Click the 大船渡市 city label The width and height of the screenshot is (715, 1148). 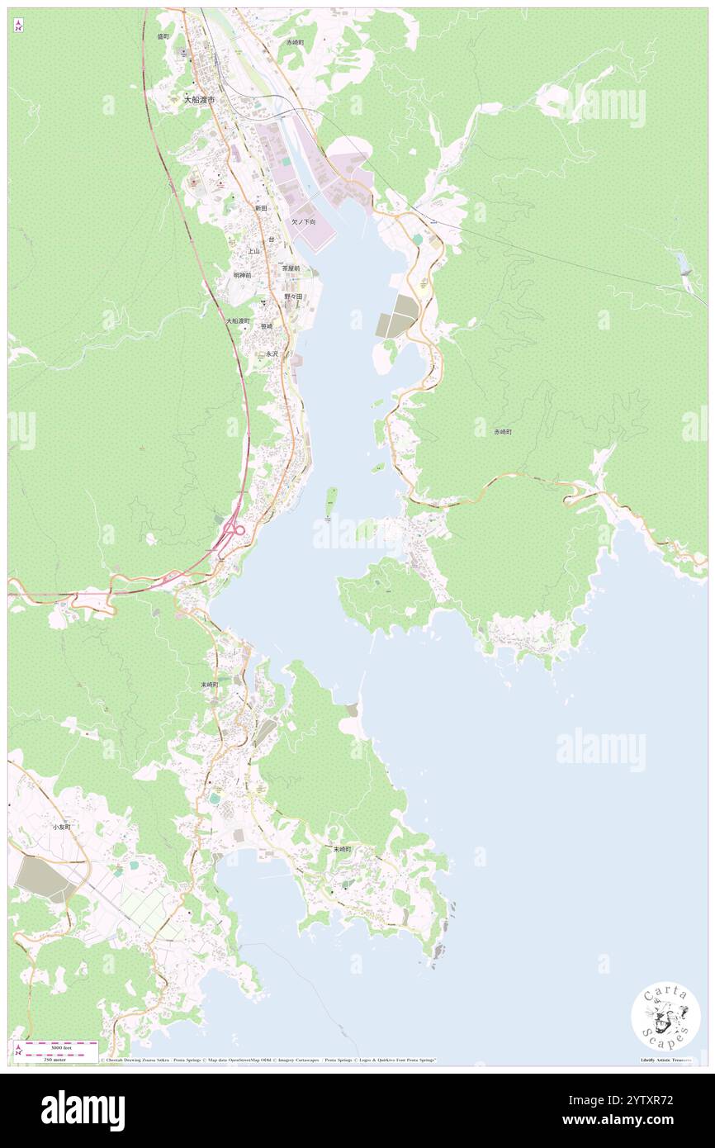199,99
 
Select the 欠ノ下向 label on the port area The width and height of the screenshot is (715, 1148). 303,222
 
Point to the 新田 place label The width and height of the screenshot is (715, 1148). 261,208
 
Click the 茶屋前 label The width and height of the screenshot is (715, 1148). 291,268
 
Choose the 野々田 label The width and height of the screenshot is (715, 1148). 293,296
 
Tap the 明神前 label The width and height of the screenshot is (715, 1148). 242,275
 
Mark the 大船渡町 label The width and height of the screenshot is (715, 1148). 239,320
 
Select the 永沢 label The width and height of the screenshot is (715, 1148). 272,353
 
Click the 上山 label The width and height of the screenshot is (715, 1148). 254,250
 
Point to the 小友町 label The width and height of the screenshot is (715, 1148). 62,827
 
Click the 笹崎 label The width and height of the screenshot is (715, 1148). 266,326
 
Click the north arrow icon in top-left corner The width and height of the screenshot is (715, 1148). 18,26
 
